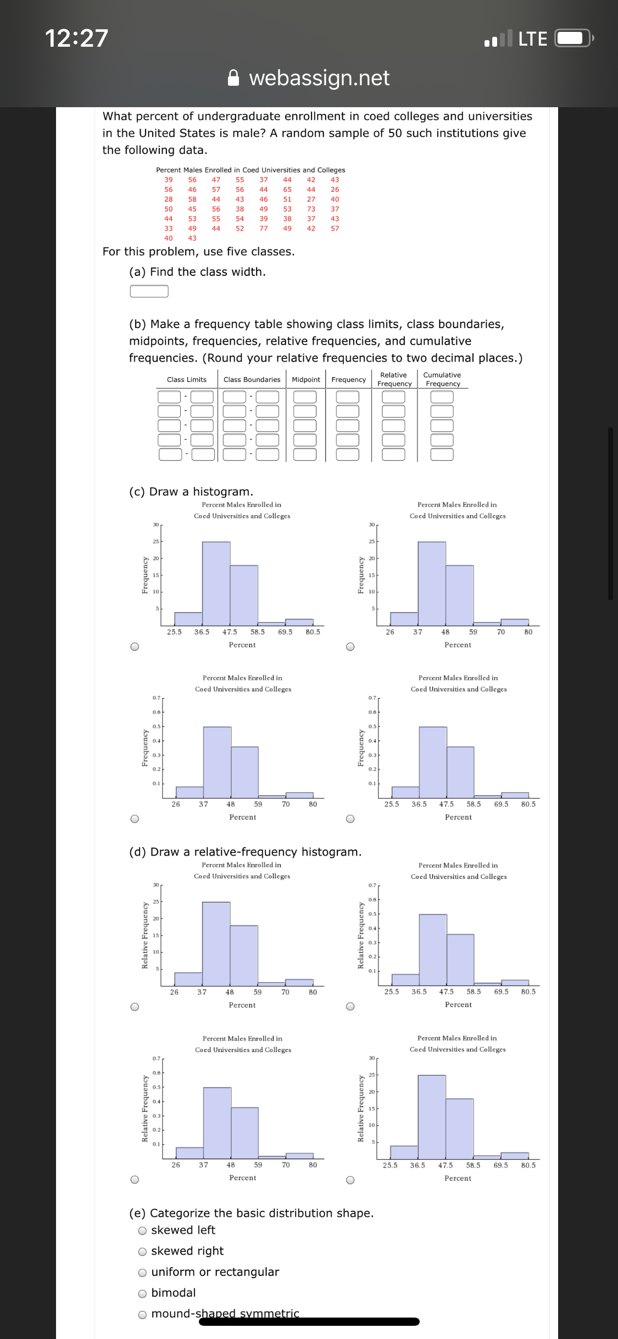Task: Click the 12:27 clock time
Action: (x=76, y=38)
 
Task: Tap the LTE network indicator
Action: (x=532, y=38)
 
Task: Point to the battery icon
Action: (x=574, y=38)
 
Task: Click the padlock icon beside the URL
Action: (x=234, y=78)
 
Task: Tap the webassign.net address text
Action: (x=319, y=78)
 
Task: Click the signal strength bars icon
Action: (x=498, y=38)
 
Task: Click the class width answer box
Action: (x=149, y=291)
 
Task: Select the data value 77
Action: (x=264, y=229)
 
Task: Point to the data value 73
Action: (x=311, y=209)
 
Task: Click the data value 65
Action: (x=287, y=190)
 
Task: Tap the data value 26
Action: (x=335, y=190)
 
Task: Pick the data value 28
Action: (x=169, y=200)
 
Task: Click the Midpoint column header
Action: (x=306, y=380)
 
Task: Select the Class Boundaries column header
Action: (x=252, y=380)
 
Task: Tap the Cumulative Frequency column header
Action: (x=442, y=379)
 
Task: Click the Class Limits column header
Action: (x=187, y=380)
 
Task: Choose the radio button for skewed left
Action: (x=143, y=1231)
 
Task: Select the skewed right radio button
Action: (x=143, y=1252)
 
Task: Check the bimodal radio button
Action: (x=143, y=1293)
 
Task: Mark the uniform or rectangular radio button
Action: (x=143, y=1272)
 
